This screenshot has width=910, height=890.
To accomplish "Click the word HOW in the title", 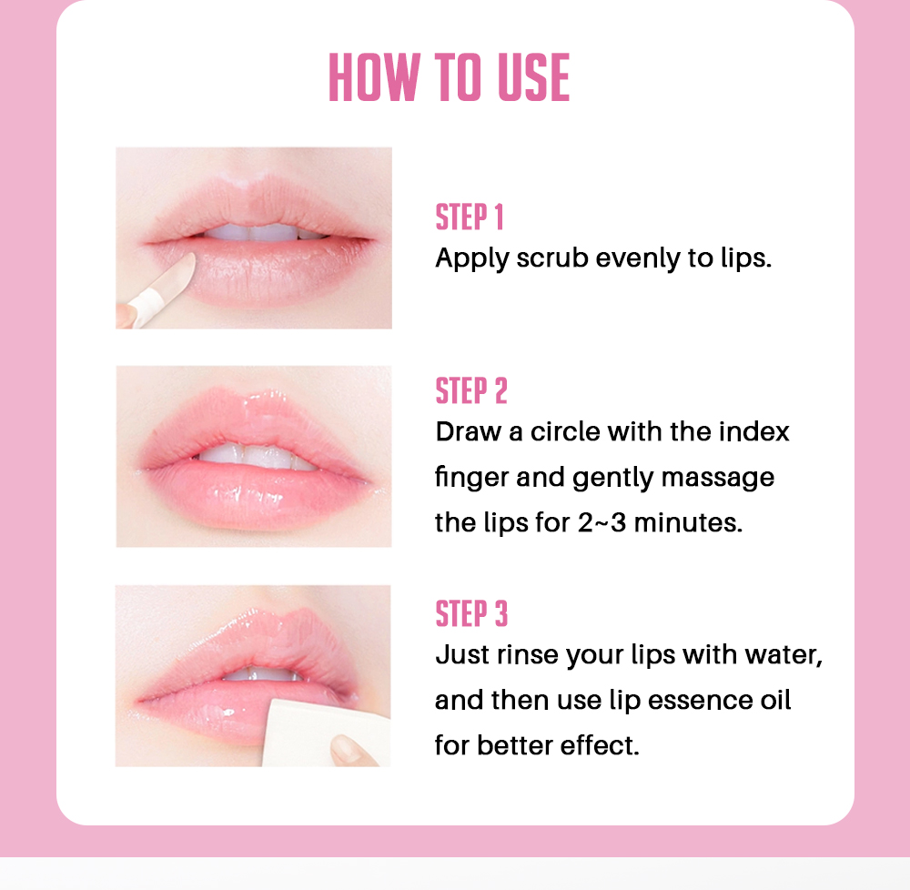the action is (x=374, y=77).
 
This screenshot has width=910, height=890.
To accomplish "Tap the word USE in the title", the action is (x=533, y=77).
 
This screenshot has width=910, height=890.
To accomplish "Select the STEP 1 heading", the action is (x=470, y=217).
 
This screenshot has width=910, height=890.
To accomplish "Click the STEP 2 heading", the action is (x=471, y=390).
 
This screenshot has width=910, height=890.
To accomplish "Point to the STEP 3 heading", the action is (x=471, y=614).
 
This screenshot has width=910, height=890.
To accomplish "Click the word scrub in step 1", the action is (x=552, y=258).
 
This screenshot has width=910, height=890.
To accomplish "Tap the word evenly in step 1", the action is (x=638, y=259).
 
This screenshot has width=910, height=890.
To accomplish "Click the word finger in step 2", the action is (x=470, y=478).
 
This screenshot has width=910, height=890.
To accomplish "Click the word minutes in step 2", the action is (x=688, y=522).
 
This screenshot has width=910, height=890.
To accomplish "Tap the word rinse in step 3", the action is (x=528, y=655).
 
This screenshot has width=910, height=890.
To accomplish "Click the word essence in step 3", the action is (x=700, y=701).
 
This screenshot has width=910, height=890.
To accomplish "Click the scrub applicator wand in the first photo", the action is (x=164, y=288).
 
